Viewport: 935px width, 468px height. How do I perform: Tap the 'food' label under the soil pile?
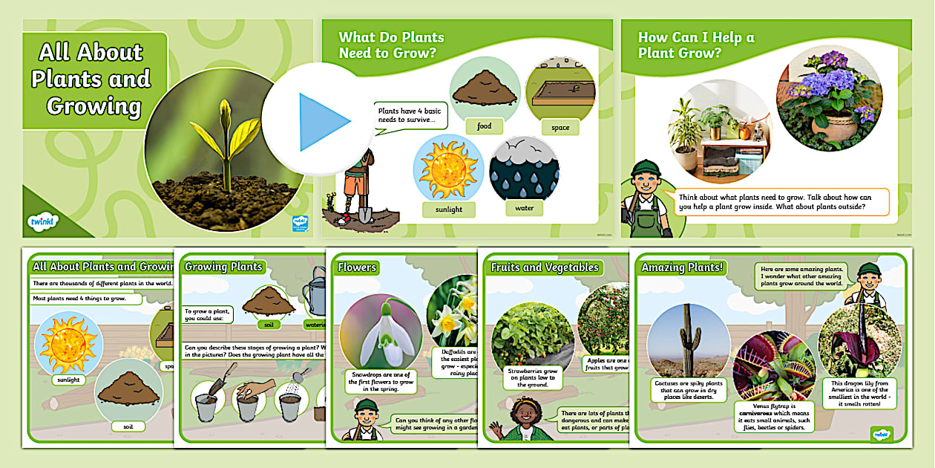(484, 126)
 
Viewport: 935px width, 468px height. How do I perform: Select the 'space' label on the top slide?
(560, 128)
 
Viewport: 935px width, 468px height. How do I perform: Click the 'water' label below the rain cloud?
(524, 209)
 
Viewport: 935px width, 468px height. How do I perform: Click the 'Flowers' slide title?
(357, 267)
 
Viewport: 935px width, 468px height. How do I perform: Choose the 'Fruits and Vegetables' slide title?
(544, 267)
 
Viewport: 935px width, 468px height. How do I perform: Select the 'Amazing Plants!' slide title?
(683, 267)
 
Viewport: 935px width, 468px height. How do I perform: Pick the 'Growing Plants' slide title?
(223, 267)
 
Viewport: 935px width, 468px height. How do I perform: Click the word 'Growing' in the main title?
(93, 106)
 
